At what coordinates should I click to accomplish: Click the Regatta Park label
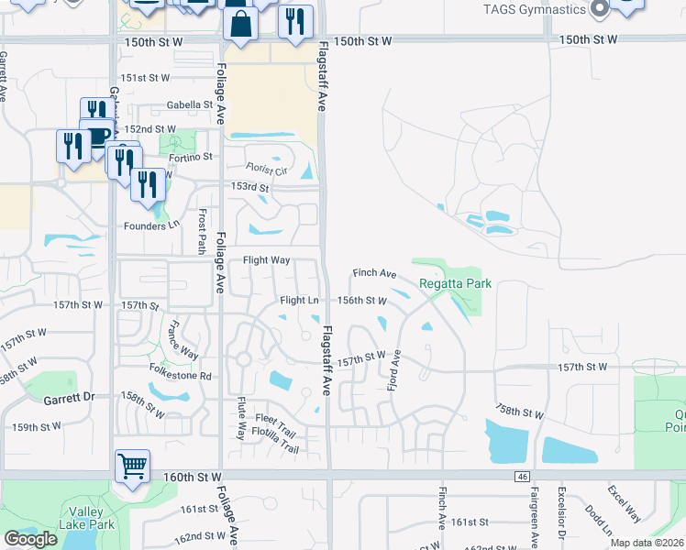(456, 283)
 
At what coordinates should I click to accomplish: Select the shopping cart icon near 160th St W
(133, 467)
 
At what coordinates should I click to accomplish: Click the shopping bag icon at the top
(239, 26)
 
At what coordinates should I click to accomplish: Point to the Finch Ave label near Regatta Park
(374, 273)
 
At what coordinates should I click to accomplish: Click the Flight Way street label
(266, 260)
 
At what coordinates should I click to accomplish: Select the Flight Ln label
(299, 300)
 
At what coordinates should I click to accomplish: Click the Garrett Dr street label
(70, 399)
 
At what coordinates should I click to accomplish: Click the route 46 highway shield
(522, 477)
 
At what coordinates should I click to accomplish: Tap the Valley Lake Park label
(90, 519)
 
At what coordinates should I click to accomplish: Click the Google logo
(30, 539)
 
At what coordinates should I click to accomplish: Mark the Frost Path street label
(202, 230)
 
